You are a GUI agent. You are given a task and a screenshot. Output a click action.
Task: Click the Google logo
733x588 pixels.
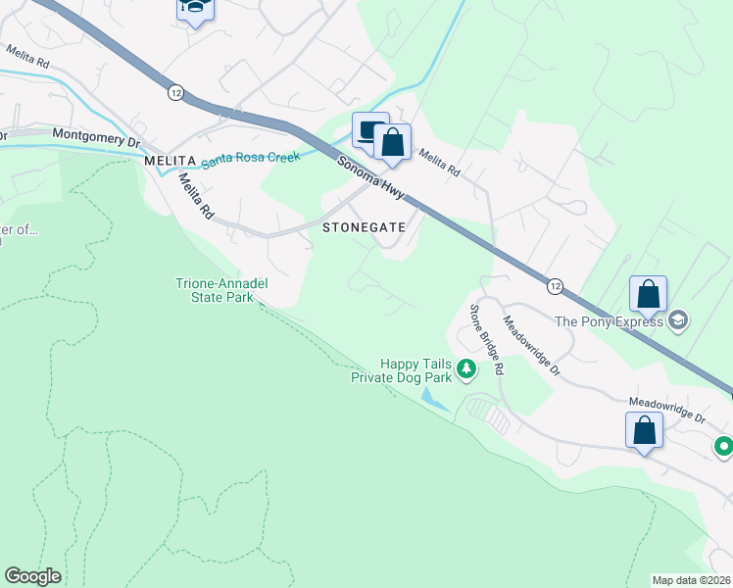33,576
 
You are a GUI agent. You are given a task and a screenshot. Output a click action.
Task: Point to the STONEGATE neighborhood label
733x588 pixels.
364,226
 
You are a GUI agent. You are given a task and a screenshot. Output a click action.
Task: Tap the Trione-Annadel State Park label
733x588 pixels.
221,290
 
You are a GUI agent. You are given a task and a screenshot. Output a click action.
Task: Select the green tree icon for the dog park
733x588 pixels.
467,368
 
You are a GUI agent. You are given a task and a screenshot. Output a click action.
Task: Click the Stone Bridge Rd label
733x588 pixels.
485,341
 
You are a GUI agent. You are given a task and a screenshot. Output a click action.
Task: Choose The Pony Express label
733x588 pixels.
610,320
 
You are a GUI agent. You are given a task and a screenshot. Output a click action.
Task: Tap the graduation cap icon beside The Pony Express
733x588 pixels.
678,320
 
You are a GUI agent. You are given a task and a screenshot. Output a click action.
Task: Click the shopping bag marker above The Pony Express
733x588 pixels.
648,294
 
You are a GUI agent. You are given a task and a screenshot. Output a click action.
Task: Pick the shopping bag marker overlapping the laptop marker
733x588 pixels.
392,142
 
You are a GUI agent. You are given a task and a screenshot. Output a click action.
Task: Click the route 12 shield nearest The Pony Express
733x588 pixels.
556,285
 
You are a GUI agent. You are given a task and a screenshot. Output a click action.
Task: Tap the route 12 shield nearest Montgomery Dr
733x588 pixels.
175,91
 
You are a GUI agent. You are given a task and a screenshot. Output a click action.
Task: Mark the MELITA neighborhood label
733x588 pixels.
171,160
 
